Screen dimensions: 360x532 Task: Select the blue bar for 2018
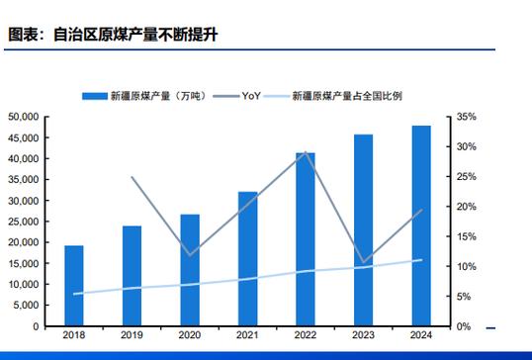(x=74, y=286)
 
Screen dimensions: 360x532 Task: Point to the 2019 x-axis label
(x=132, y=336)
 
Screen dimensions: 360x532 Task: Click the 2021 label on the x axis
(x=247, y=336)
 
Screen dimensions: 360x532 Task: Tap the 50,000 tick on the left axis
(x=23, y=117)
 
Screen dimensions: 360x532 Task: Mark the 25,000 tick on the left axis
(x=23, y=222)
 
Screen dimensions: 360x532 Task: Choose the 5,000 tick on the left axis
(x=25, y=306)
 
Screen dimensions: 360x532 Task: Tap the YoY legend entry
(x=250, y=96)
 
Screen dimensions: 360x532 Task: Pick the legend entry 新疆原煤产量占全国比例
(x=346, y=96)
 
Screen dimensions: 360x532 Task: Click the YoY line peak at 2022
(x=306, y=153)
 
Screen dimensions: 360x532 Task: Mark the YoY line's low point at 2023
(x=363, y=263)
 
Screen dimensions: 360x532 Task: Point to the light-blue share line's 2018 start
(x=74, y=294)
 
